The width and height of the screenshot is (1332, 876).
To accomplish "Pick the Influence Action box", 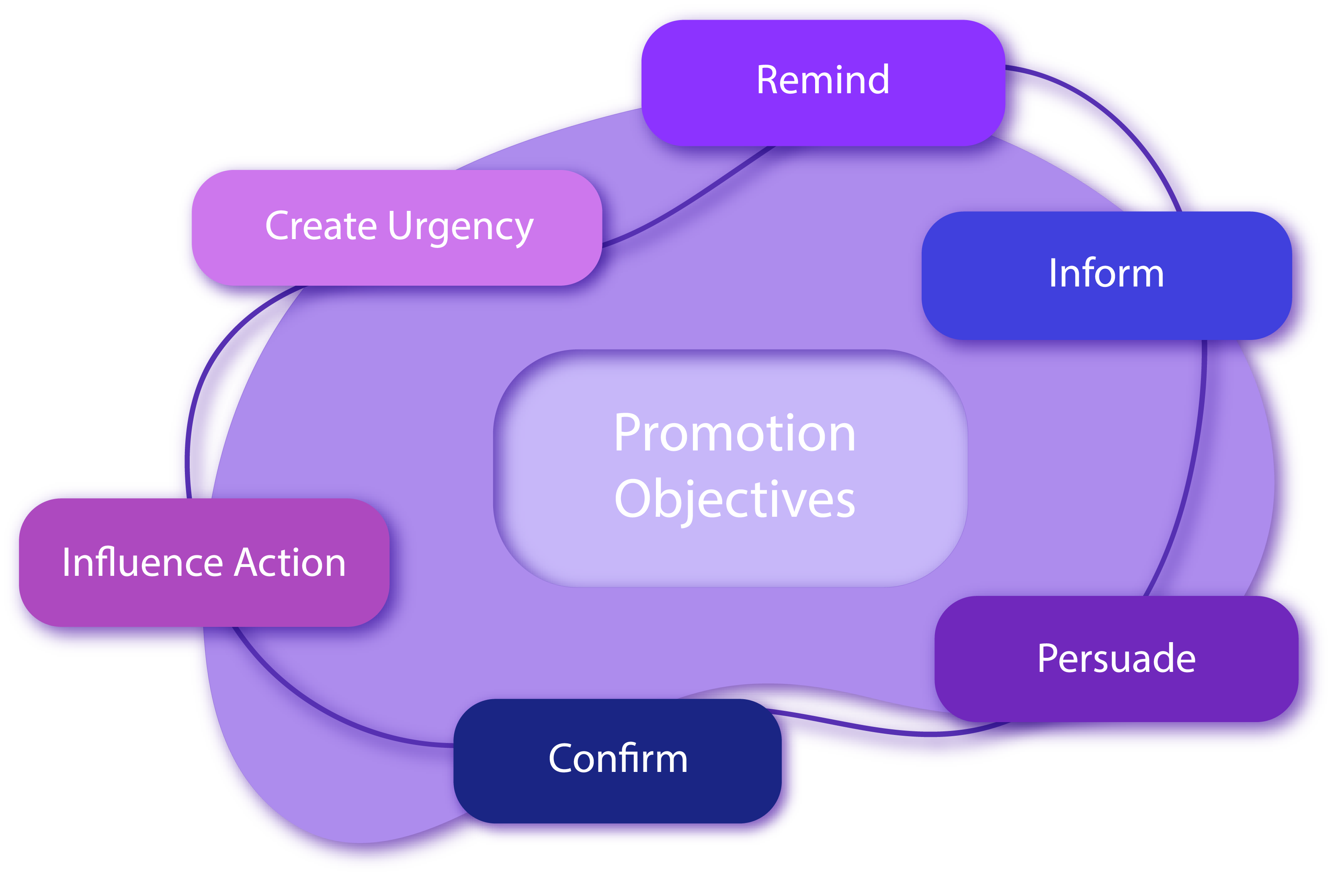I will coord(204,562).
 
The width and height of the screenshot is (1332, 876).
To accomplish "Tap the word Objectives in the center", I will coord(734,499).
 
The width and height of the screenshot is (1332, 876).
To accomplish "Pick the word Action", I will coord(290,562).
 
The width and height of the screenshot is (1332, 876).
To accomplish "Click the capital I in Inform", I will coord(1053,274).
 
